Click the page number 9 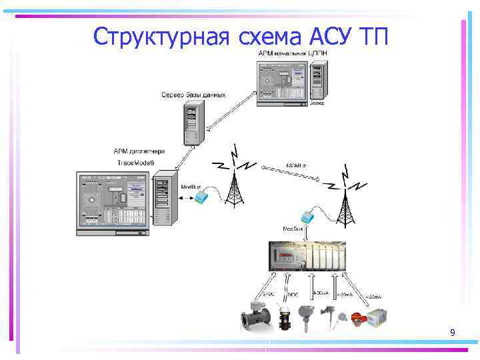point(453,332)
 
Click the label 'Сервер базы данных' point(193,95)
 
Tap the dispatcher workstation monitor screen point(113,200)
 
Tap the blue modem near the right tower point(309,217)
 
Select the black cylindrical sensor point(289,317)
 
